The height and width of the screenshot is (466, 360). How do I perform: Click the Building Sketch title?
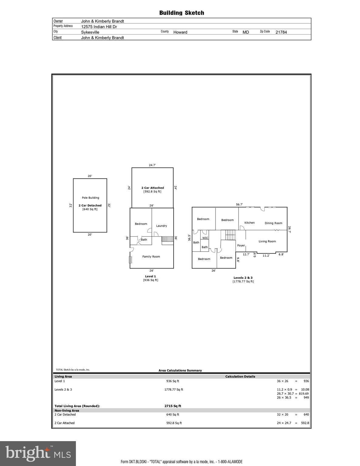pos(182,13)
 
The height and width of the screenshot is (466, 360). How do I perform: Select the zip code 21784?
pos(281,32)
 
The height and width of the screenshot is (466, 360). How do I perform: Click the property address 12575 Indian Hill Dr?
pos(99,27)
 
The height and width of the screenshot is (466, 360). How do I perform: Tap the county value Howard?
pos(180,32)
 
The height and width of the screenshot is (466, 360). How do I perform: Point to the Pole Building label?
pos(90,198)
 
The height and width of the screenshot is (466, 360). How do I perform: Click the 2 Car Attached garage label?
pos(152,188)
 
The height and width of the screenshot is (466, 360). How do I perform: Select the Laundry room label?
pos(161,226)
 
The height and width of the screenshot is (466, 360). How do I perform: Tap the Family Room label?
pos(151,257)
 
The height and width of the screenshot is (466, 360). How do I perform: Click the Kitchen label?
pos(250,223)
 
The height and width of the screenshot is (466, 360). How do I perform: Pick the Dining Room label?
pos(273,223)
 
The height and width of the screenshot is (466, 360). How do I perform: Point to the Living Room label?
pos(267,241)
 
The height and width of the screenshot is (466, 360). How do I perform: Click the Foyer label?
pos(241,245)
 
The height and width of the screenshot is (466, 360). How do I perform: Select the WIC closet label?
pos(205,238)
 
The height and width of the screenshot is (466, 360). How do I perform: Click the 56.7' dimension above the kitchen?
pos(239,204)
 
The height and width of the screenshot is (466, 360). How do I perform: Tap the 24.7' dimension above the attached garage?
pos(152,165)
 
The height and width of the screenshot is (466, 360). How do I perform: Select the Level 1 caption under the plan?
pos(151,276)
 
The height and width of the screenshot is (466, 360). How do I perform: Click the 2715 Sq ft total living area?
pos(173,406)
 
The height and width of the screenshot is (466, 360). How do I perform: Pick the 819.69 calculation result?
pos(304,393)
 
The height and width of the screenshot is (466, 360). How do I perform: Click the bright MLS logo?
pos(38,453)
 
